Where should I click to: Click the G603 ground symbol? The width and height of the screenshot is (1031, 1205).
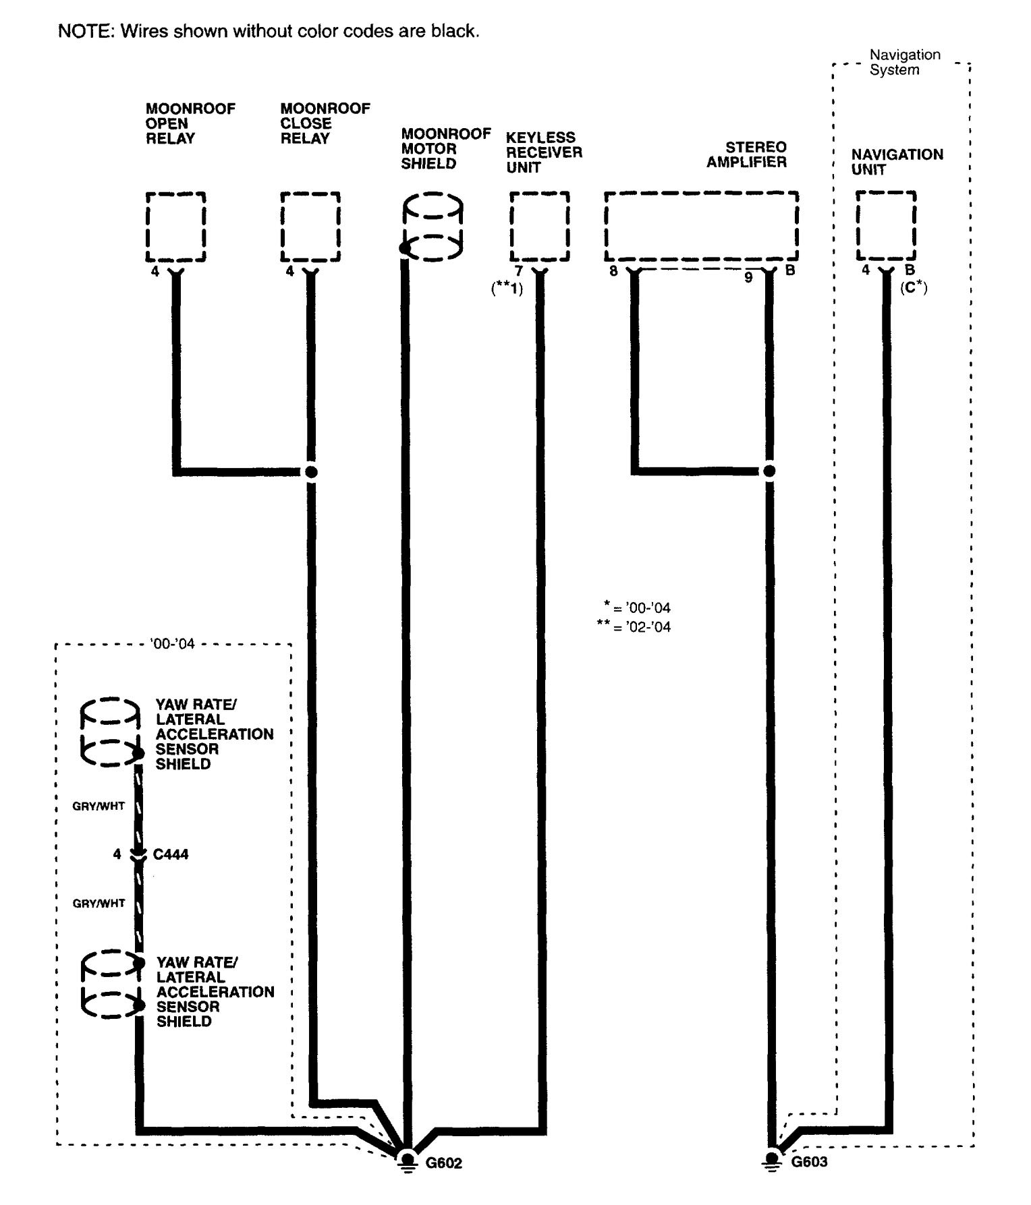point(772,1160)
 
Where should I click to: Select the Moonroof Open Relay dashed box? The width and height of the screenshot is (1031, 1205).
point(175,227)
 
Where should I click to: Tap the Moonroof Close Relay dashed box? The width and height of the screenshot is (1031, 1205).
point(310,227)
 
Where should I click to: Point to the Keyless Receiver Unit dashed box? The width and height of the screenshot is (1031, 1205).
point(539,227)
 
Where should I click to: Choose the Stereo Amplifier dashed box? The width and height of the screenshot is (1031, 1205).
point(701,227)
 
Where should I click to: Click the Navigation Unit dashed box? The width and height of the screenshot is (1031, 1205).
point(886,226)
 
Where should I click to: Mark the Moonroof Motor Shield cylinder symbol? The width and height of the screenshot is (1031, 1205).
point(433,227)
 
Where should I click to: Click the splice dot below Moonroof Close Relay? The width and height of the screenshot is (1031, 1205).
point(311,471)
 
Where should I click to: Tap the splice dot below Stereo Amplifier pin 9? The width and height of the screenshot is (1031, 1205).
point(769,471)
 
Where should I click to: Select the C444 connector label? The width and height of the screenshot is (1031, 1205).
point(171,854)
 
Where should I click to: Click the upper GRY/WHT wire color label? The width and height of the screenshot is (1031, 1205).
point(99,806)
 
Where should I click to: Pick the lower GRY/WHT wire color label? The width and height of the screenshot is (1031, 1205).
point(99,904)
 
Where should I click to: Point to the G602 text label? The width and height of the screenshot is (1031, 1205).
point(444,1163)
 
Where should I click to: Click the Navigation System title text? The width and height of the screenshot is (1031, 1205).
point(904,62)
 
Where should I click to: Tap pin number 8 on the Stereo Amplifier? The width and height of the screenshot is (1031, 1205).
point(613,272)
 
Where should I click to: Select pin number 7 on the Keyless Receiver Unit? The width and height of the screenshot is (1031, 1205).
point(519,271)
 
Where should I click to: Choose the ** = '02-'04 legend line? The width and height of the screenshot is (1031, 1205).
point(634,627)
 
